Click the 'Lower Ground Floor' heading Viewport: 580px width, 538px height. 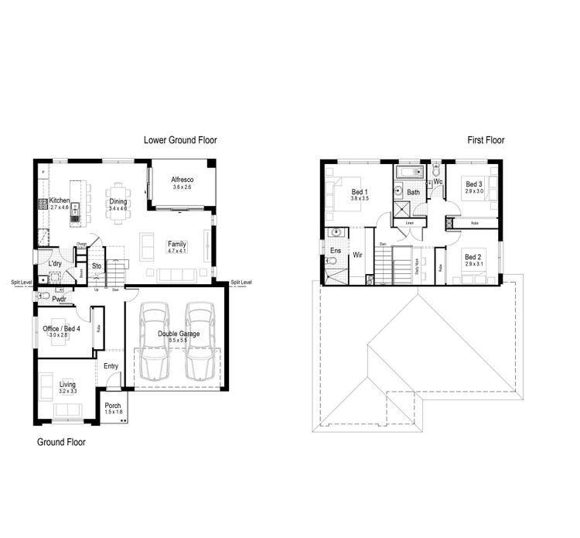click(x=180, y=140)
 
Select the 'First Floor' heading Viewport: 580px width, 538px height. click(x=485, y=140)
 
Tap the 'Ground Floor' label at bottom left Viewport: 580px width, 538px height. click(x=62, y=443)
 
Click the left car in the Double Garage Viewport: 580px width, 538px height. click(x=155, y=337)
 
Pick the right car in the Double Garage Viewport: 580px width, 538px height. click(x=200, y=337)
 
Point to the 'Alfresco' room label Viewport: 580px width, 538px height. click(x=182, y=180)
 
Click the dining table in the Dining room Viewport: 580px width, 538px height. click(x=118, y=203)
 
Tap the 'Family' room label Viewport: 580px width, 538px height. click(x=177, y=245)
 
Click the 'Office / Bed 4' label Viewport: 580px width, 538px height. click(x=61, y=329)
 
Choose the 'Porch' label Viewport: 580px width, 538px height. click(x=113, y=406)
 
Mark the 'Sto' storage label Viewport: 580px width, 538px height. click(x=97, y=266)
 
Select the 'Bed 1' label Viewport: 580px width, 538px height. click(x=360, y=192)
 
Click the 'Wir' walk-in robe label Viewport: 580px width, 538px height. click(x=358, y=254)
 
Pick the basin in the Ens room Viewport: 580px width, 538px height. click(x=337, y=232)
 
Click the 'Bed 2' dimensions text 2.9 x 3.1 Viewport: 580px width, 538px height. click(x=473, y=264)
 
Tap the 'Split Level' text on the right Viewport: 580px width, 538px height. click(x=241, y=283)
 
